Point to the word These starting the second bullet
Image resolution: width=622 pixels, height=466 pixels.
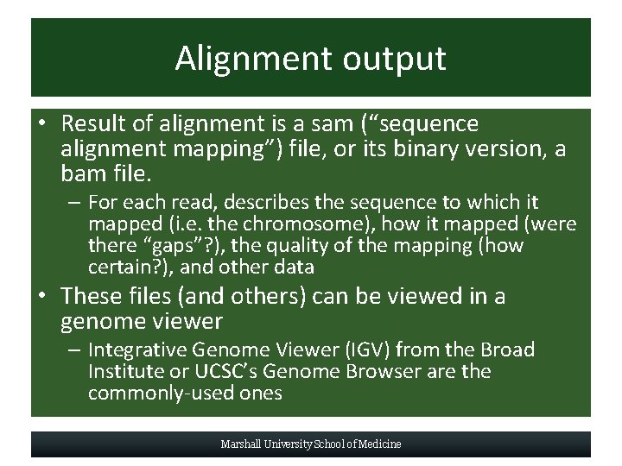(x=92, y=296)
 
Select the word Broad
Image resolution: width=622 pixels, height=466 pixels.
(x=508, y=350)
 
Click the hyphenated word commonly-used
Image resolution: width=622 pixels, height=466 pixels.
(x=157, y=394)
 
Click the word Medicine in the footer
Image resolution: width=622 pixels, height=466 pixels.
(x=378, y=444)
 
